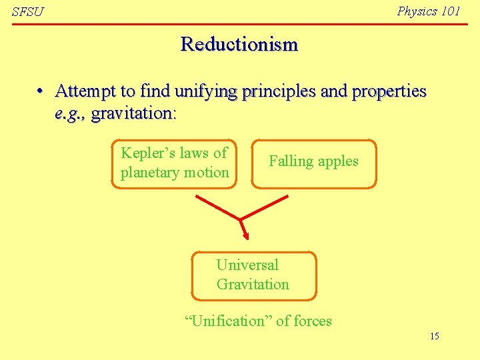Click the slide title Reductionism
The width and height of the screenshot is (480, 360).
(x=239, y=45)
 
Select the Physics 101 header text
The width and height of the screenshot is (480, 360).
(x=428, y=11)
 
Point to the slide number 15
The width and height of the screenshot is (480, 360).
(x=434, y=336)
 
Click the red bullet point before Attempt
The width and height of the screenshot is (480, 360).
(x=41, y=91)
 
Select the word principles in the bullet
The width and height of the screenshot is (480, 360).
(x=283, y=91)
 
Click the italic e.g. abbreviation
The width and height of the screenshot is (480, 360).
(x=70, y=113)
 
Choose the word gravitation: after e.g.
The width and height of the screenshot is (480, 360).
(x=133, y=113)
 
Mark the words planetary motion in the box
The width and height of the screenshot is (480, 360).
(x=175, y=173)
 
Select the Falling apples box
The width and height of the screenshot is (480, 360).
(x=313, y=161)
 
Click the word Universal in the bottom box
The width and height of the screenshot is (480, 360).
(x=247, y=265)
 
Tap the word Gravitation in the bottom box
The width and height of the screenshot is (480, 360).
(x=253, y=285)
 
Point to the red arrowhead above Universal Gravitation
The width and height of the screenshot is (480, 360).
(x=245, y=235)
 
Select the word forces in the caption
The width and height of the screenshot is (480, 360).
(x=312, y=321)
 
